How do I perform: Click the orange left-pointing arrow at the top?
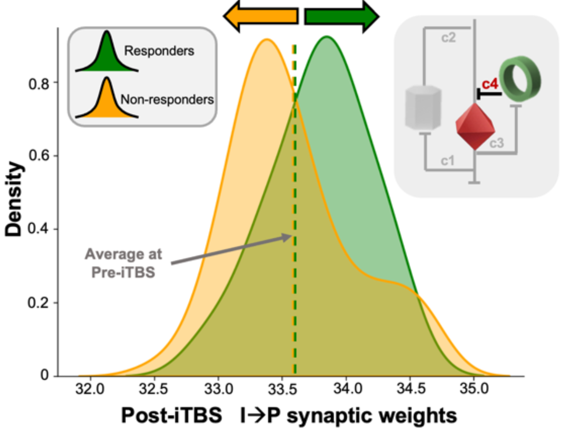point(261,16)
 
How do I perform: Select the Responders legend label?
point(159,51)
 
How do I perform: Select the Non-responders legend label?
point(167,99)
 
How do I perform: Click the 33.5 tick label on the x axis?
point(283,389)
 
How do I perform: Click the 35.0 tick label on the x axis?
point(474,389)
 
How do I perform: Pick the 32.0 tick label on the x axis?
point(90,389)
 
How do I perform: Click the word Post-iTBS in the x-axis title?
point(171,415)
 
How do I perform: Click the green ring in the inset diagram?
point(520,80)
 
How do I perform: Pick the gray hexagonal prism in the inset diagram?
point(423,107)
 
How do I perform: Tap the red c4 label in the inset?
point(490,84)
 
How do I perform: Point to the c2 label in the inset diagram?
point(448,38)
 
